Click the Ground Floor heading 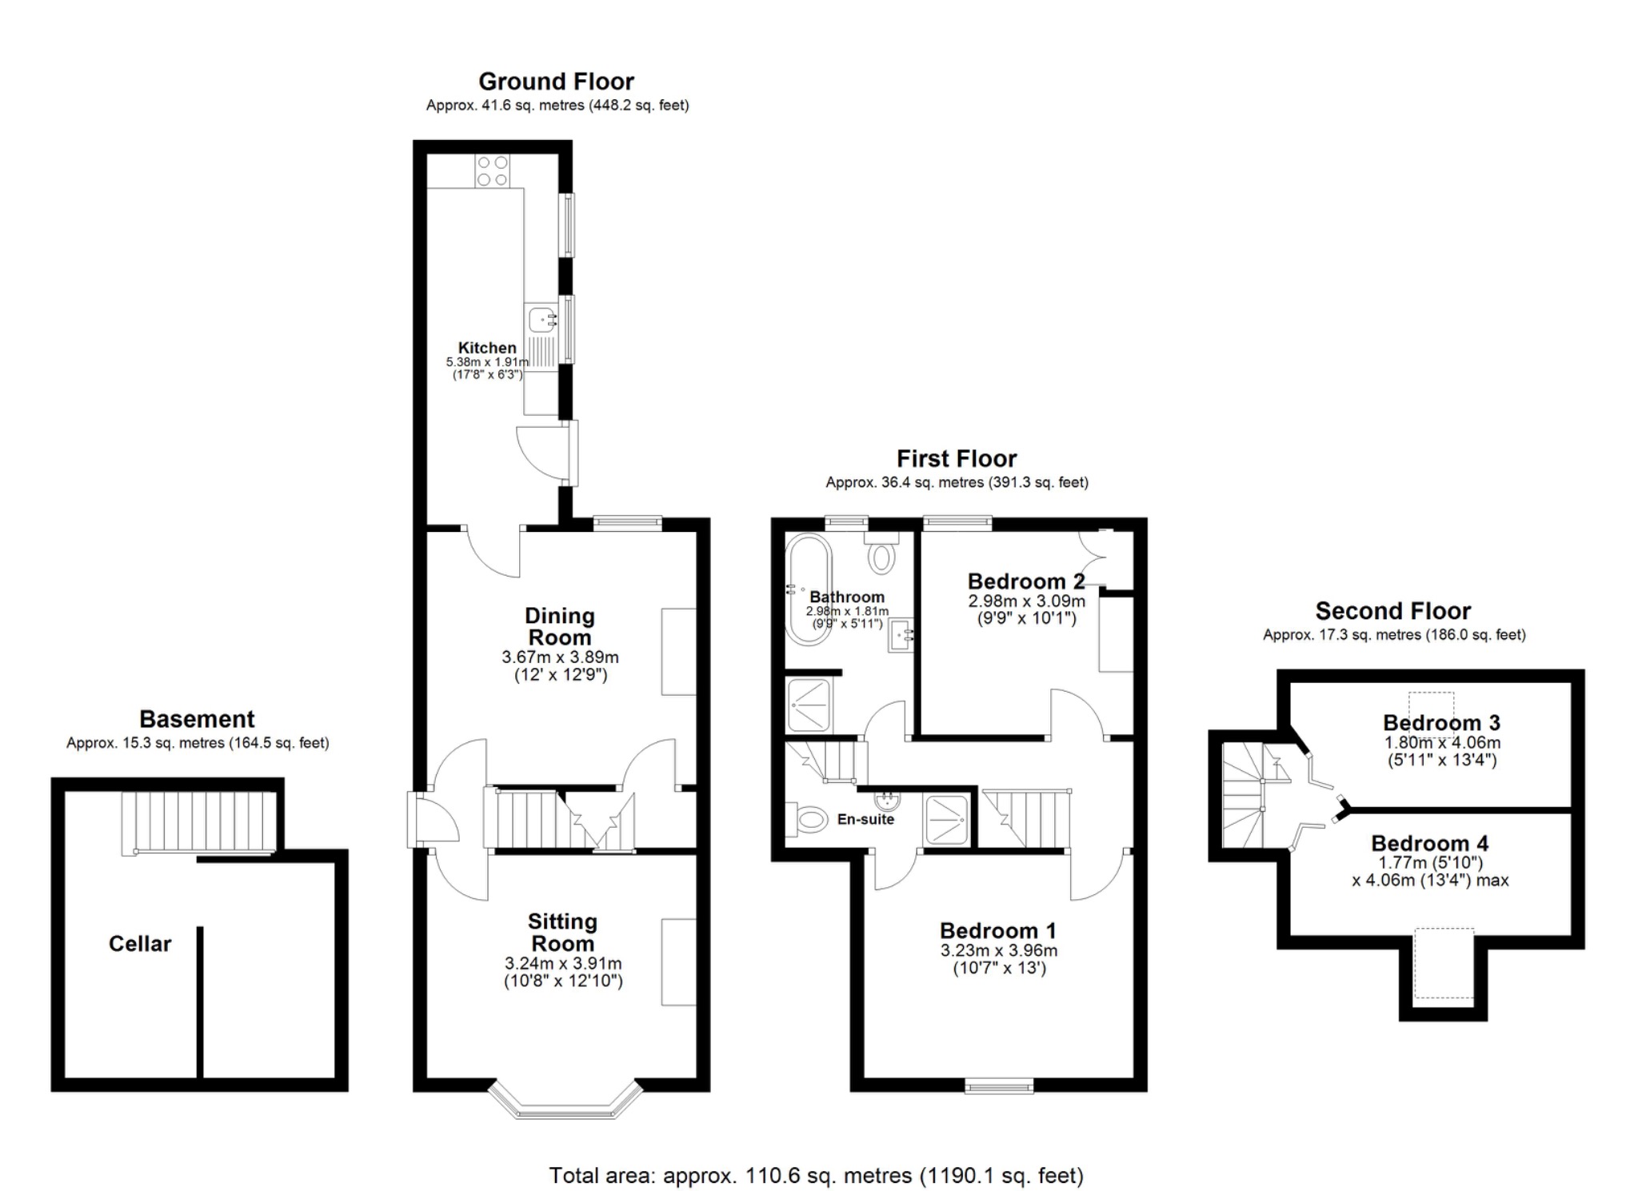[556, 82]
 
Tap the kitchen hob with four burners [493, 171]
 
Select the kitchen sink [542, 320]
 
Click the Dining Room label [559, 626]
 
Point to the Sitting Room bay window [565, 1101]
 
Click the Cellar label [140, 944]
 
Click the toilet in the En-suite [809, 819]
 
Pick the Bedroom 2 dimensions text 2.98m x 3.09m [1026, 601]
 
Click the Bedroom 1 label [997, 931]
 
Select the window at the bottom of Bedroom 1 [999, 1085]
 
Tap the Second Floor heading [1392, 611]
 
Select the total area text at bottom [816, 1176]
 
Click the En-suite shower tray [946, 819]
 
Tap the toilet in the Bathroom [881, 554]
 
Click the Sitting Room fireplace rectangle [678, 962]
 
